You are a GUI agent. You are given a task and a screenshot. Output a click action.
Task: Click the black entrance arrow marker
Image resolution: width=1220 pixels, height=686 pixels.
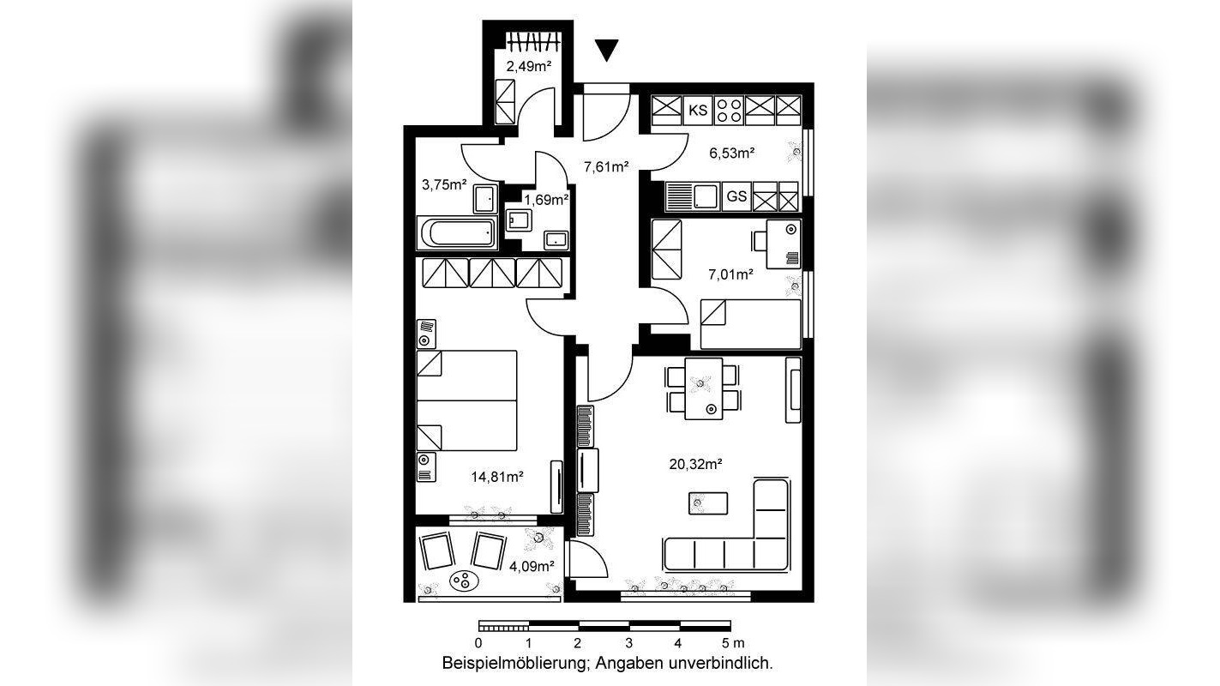pyautogui.click(x=606, y=50)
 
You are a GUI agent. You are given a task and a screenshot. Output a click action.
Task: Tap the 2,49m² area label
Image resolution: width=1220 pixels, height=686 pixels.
pyautogui.click(x=529, y=67)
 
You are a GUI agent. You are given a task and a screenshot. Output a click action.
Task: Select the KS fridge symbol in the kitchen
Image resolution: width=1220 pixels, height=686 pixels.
pyautogui.click(x=698, y=111)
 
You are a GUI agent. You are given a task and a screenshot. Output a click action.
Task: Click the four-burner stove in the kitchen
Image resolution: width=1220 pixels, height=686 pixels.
pyautogui.click(x=729, y=111)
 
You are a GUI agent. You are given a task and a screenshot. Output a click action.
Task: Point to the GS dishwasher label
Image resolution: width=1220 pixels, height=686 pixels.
pyautogui.click(x=736, y=196)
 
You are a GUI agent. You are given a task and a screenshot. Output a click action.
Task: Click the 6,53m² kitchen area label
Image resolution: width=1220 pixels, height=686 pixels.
pyautogui.click(x=731, y=153)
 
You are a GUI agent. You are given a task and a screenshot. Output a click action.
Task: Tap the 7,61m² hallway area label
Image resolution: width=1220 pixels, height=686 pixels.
pyautogui.click(x=606, y=166)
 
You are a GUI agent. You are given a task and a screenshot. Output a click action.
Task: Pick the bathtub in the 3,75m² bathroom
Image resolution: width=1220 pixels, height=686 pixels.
pyautogui.click(x=458, y=232)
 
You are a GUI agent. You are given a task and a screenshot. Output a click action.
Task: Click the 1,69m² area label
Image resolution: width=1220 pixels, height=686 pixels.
pyautogui.click(x=546, y=200)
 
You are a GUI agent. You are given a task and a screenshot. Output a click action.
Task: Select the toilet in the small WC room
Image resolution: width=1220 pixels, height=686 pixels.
pyautogui.click(x=519, y=220)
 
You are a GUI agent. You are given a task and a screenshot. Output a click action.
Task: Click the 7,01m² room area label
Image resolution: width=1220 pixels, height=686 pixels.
pyautogui.click(x=730, y=274)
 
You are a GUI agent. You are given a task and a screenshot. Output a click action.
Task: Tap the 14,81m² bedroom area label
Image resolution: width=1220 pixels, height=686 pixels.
pyautogui.click(x=497, y=478)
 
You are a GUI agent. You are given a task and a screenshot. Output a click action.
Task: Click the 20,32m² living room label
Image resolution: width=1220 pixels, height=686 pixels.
pyautogui.click(x=695, y=464)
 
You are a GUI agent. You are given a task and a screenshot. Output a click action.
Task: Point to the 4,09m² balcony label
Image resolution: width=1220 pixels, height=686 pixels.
pyautogui.click(x=532, y=567)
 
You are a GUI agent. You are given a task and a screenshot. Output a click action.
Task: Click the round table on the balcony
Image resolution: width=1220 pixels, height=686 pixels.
pyautogui.click(x=465, y=581)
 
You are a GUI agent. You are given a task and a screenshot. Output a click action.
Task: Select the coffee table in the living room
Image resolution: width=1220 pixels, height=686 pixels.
pyautogui.click(x=708, y=502)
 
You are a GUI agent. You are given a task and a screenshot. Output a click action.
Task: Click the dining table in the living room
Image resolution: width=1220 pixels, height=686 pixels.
pyautogui.click(x=704, y=388)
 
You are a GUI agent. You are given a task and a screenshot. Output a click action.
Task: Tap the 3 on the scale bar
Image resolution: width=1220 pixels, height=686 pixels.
pyautogui.click(x=628, y=643)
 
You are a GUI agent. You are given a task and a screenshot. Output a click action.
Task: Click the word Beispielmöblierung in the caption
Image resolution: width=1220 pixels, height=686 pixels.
pyautogui.click(x=515, y=664)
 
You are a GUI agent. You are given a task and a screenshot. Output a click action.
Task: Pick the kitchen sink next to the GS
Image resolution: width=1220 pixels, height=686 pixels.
pyautogui.click(x=705, y=196)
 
